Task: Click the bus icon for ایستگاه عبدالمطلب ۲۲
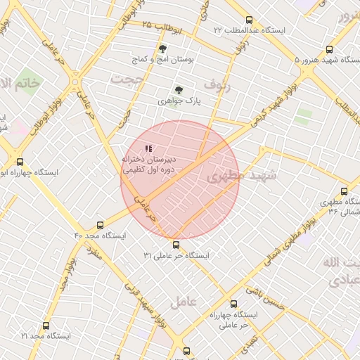(250, 20)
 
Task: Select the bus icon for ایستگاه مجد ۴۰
(100, 226)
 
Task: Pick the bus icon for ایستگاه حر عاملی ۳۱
(176, 245)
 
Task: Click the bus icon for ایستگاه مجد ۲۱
(46, 326)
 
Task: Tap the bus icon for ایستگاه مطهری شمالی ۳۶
(343, 191)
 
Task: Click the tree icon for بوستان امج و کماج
(163, 49)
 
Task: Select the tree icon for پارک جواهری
(179, 90)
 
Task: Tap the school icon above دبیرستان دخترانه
(148, 148)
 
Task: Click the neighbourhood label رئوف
(216, 84)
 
